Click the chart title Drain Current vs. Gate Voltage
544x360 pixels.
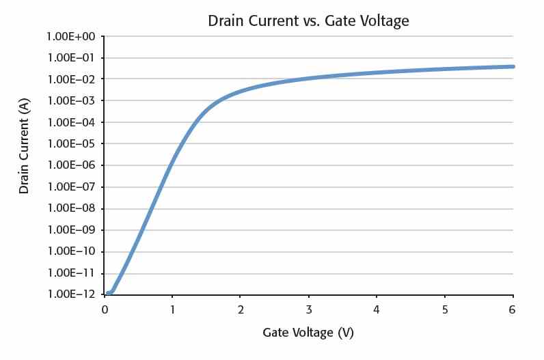click(308, 21)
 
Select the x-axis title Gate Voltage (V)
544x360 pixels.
click(308, 333)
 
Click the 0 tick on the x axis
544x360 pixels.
click(105, 308)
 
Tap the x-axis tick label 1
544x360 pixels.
click(173, 308)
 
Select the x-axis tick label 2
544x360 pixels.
click(241, 308)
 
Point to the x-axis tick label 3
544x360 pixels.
click(309, 308)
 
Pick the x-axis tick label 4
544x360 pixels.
click(377, 308)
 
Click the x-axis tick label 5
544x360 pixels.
click(445, 308)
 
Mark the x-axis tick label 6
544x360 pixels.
click(513, 308)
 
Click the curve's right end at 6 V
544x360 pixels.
click(513, 66)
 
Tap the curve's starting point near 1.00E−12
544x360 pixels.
click(109, 293)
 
